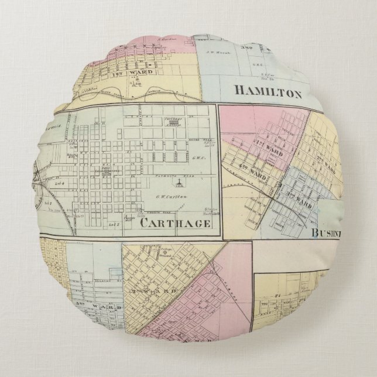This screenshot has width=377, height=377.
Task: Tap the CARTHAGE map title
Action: click(x=175, y=224)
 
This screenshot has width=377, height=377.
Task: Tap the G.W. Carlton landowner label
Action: click(x=170, y=196)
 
